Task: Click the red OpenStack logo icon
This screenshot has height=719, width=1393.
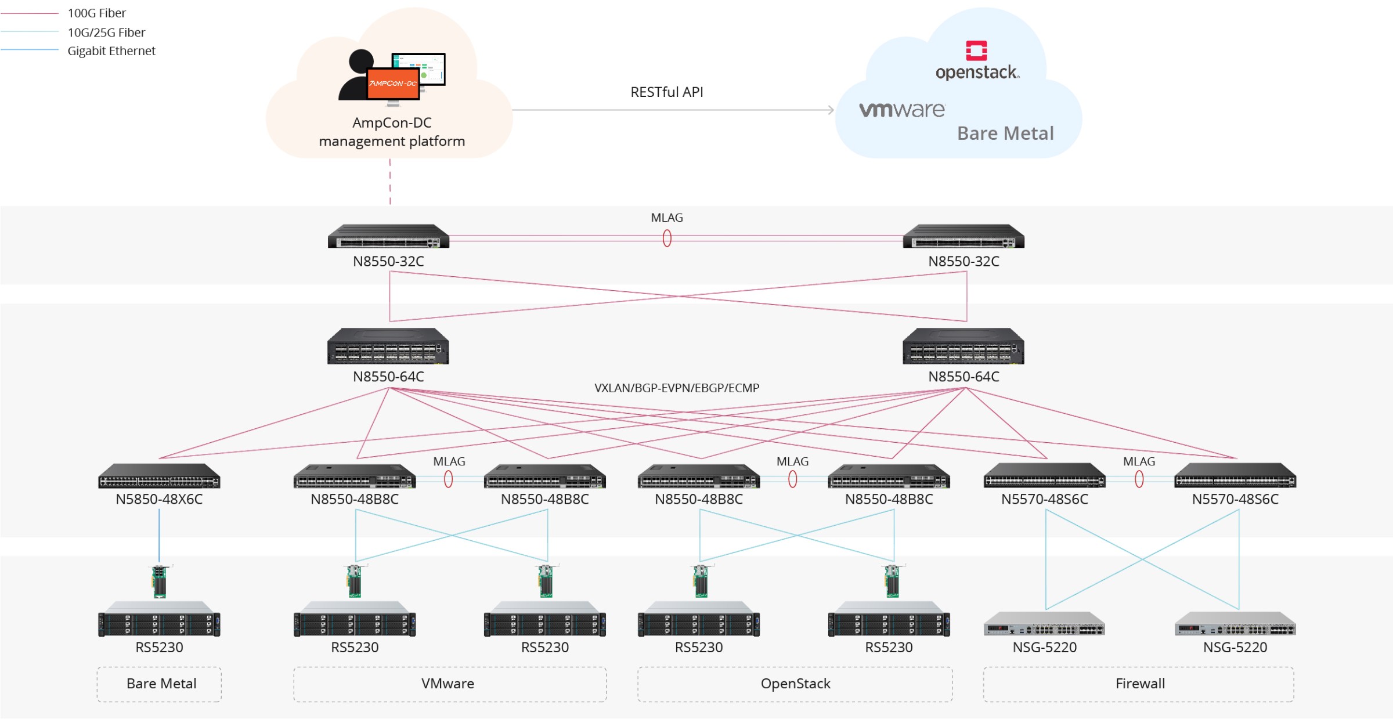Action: [x=976, y=50]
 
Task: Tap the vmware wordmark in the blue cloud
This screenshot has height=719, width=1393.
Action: [x=902, y=110]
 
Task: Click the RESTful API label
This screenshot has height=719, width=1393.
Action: [x=666, y=92]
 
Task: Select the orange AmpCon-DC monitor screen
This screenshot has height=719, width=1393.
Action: [x=393, y=84]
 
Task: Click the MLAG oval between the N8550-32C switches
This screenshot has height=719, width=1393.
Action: [x=667, y=238]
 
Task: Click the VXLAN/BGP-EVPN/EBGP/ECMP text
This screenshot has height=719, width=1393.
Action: [x=676, y=388]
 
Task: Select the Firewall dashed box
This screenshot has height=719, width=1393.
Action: [x=1139, y=684]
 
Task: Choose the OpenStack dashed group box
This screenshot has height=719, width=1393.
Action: [x=795, y=684]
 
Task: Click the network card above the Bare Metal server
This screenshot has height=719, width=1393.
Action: [x=159, y=581]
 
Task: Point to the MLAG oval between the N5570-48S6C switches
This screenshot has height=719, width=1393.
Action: [x=1139, y=479]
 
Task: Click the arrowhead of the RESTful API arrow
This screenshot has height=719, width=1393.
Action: [x=831, y=110]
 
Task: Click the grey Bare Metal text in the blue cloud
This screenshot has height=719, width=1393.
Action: [x=1005, y=133]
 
